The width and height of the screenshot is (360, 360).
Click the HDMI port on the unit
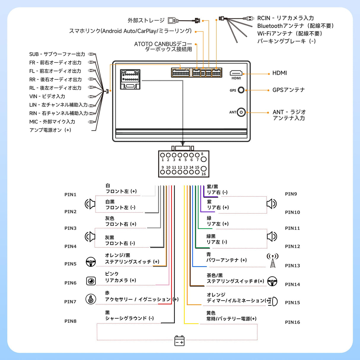pyautogui.click(x=236, y=73)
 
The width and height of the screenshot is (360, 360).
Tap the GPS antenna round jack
pyautogui.click(x=241, y=90)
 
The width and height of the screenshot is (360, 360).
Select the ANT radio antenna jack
pyautogui.click(x=241, y=112)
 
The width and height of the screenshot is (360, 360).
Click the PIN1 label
pyautogui.click(x=70, y=195)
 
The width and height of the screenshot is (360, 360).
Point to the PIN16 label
pyautogui.click(x=292, y=322)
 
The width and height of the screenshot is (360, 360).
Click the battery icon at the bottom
pyautogui.click(x=179, y=341)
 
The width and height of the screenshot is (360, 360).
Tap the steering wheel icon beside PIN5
pyautogui.click(x=91, y=262)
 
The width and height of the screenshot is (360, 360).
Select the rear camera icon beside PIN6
pyautogui.click(x=91, y=281)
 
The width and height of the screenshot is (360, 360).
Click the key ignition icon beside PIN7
pyautogui.click(x=91, y=299)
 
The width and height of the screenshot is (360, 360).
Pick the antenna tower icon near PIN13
pyautogui.click(x=273, y=260)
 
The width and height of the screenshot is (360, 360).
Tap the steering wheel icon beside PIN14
pyautogui.click(x=272, y=281)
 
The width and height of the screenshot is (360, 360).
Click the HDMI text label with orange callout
pyautogui.click(x=280, y=73)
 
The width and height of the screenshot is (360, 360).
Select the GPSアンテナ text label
pyautogui.click(x=289, y=90)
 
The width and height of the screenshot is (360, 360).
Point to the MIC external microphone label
pyautogui.click(x=52, y=122)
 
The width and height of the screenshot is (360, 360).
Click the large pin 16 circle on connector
pyautogui.click(x=203, y=169)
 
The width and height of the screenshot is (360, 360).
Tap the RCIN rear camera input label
pyautogui.click(x=285, y=18)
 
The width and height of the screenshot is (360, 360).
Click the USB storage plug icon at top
pyautogui.click(x=173, y=20)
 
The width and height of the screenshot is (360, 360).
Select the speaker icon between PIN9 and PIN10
pyautogui.click(x=271, y=204)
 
